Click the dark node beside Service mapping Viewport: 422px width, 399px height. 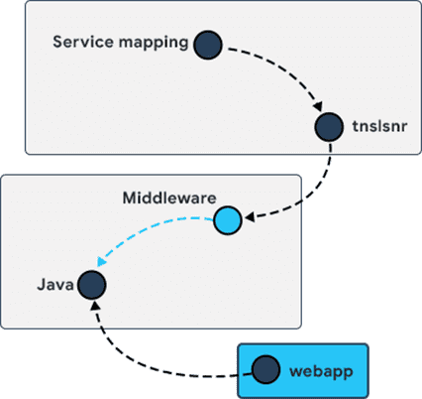click(208, 45)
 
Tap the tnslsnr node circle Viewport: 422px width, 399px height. click(329, 127)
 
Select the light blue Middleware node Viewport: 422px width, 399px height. click(228, 220)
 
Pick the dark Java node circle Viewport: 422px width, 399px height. click(92, 285)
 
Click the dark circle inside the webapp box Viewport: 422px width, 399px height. click(265, 369)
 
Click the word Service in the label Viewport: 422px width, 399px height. click(83, 42)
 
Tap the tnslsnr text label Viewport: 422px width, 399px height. click(379, 126)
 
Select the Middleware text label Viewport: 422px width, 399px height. click(169, 198)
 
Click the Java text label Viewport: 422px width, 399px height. click(55, 285)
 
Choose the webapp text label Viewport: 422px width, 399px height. click(321, 372)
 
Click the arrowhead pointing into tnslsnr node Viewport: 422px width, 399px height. click(318, 106)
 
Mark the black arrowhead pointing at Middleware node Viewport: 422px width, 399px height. click(250, 217)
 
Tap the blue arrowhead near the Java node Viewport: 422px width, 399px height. click(101, 261)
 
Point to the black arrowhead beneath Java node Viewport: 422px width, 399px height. click(95, 305)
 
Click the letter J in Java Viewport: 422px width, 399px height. click(42, 285)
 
